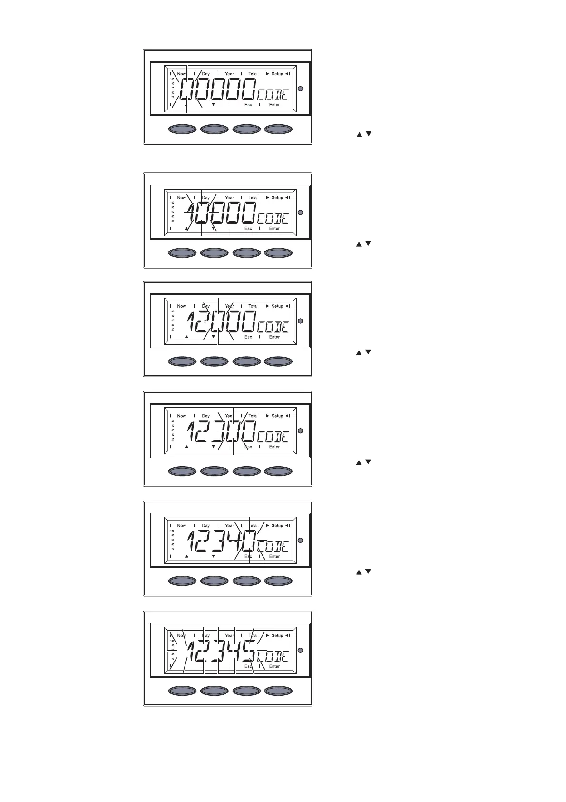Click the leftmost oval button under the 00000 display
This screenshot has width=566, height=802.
pyautogui.click(x=183, y=129)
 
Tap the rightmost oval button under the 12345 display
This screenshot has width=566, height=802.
pyautogui.click(x=278, y=691)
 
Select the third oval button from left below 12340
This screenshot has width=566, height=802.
pyautogui.click(x=246, y=581)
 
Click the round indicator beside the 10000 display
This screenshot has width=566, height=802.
pyautogui.click(x=300, y=212)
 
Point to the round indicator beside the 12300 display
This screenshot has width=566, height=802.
pyautogui.click(x=300, y=431)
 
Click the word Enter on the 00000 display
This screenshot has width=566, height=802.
pyautogui.click(x=274, y=105)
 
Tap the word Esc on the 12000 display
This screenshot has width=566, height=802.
pyautogui.click(x=248, y=337)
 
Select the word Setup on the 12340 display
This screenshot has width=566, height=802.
pyautogui.click(x=277, y=526)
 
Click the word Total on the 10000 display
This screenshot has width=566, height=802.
pyautogui.click(x=253, y=198)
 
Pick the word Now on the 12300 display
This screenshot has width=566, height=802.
pyautogui.click(x=182, y=416)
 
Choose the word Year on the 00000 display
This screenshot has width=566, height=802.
pyautogui.click(x=229, y=74)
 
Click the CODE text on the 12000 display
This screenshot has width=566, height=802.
pyautogui.click(x=273, y=327)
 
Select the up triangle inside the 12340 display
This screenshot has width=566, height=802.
pyautogui.click(x=187, y=556)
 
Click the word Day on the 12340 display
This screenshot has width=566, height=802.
pyautogui.click(x=205, y=526)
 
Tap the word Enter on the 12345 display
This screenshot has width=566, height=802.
pyautogui.click(x=274, y=666)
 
